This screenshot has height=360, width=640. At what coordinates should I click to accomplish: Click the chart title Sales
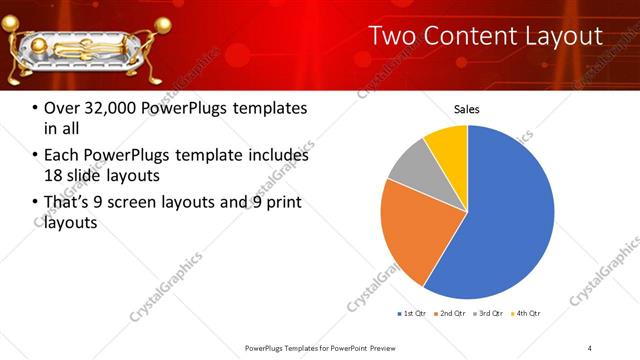coord(467,108)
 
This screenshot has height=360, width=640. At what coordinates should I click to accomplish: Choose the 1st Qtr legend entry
coord(413,314)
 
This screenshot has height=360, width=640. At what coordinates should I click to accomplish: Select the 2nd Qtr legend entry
coord(451,314)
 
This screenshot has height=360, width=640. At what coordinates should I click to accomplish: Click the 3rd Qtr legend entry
coord(489,314)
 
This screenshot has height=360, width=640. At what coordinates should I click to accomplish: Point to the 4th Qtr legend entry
coord(526,314)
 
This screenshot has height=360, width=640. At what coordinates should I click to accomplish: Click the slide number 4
coord(589,347)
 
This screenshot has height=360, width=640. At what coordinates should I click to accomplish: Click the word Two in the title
coord(394,37)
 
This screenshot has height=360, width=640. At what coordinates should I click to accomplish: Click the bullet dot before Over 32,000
coord(35,109)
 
